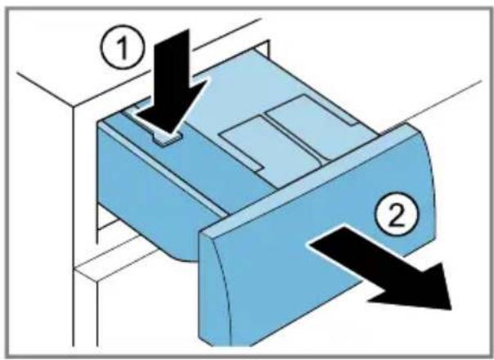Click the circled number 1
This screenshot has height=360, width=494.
(x=123, y=47)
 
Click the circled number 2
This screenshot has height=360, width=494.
(x=397, y=214)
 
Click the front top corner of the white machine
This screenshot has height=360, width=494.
(x=74, y=106)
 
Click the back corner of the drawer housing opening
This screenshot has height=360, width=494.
(x=268, y=42)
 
